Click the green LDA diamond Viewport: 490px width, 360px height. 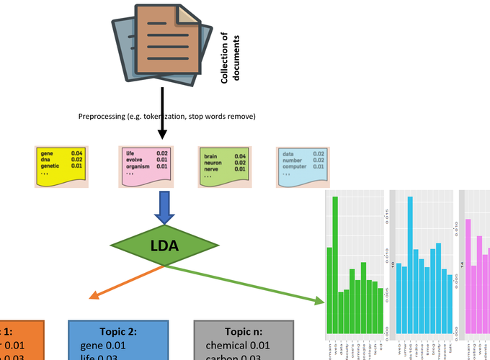[164, 246]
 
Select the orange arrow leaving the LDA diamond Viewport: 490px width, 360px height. [126, 282]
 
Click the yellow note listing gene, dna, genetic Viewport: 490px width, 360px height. [62, 166]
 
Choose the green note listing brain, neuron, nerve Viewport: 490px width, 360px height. [224, 166]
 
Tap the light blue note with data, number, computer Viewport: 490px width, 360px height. [303, 166]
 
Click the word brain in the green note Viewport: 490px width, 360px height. [210, 156]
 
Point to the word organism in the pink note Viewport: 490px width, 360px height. [138, 166]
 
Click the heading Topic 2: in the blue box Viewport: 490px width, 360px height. [117, 332]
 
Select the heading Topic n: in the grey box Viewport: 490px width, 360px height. [244, 332]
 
